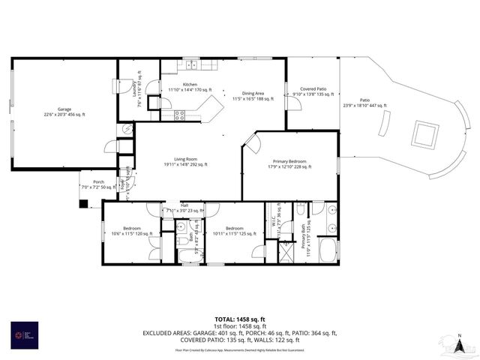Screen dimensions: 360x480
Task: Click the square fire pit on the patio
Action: [424, 135]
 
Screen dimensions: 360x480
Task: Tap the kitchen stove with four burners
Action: [180, 115]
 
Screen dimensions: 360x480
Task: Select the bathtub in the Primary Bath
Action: [328, 250]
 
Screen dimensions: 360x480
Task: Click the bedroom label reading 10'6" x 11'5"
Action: [131, 231]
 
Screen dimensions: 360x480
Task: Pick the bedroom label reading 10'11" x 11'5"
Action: [234, 231]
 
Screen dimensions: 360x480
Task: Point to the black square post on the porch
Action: [82, 203]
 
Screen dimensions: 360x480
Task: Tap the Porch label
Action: [98, 184]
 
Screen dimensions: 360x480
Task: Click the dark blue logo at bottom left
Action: [21, 335]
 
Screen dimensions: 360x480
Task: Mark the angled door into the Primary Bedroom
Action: [253, 142]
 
